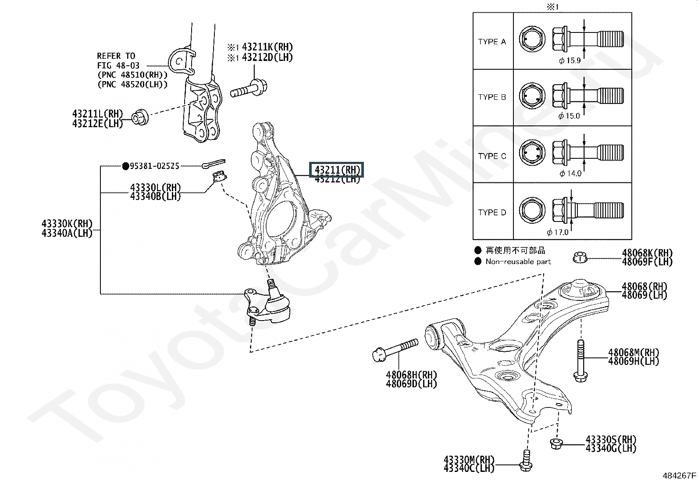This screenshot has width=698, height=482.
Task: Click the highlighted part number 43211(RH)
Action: [x=336, y=170]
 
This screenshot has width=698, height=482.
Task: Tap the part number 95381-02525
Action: [x=154, y=166]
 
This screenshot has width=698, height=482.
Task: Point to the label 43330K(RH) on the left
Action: [x=67, y=224]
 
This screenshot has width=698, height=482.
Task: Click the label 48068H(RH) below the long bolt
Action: [x=411, y=375]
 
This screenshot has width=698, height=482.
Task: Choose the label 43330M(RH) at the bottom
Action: [x=469, y=460]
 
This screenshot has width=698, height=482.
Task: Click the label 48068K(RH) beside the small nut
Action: [x=647, y=253]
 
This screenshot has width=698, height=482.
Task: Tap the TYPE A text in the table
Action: [x=492, y=42]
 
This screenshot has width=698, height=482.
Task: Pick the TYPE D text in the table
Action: [x=492, y=213]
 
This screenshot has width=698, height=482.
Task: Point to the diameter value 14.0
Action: [x=573, y=173]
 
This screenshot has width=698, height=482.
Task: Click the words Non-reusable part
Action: [x=518, y=261]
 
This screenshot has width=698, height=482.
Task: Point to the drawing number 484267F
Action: [x=679, y=475]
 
